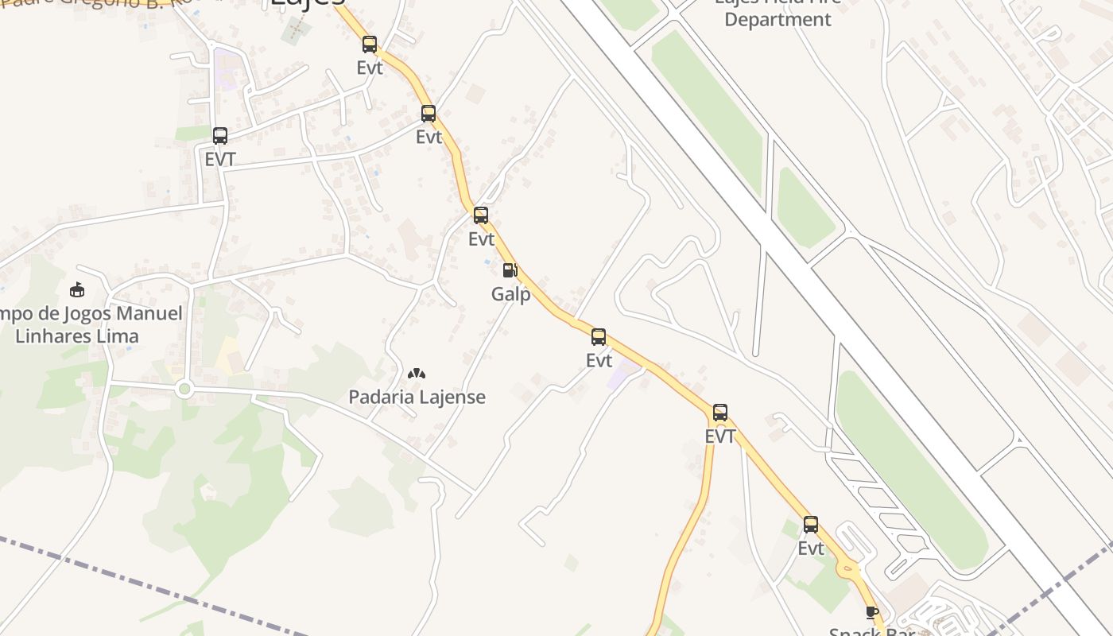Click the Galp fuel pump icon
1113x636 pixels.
tap(510, 270)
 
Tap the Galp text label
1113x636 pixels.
tap(510, 294)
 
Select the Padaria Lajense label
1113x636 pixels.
tap(417, 397)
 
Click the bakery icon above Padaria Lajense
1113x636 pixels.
tap(417, 373)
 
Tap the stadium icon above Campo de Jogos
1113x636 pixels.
tap(77, 289)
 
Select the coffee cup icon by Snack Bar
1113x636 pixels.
tap(872, 612)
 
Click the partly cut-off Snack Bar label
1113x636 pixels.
tap(871, 631)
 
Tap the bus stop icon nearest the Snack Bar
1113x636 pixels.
tap(810, 525)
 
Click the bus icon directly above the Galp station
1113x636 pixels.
tap(480, 215)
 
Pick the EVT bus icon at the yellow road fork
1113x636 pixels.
tap(719, 413)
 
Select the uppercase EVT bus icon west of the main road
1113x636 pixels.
tap(219, 136)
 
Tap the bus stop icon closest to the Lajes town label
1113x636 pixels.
tap(369, 45)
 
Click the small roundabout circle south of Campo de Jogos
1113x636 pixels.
tap(184, 389)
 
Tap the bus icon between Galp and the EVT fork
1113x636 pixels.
tap(598, 337)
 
